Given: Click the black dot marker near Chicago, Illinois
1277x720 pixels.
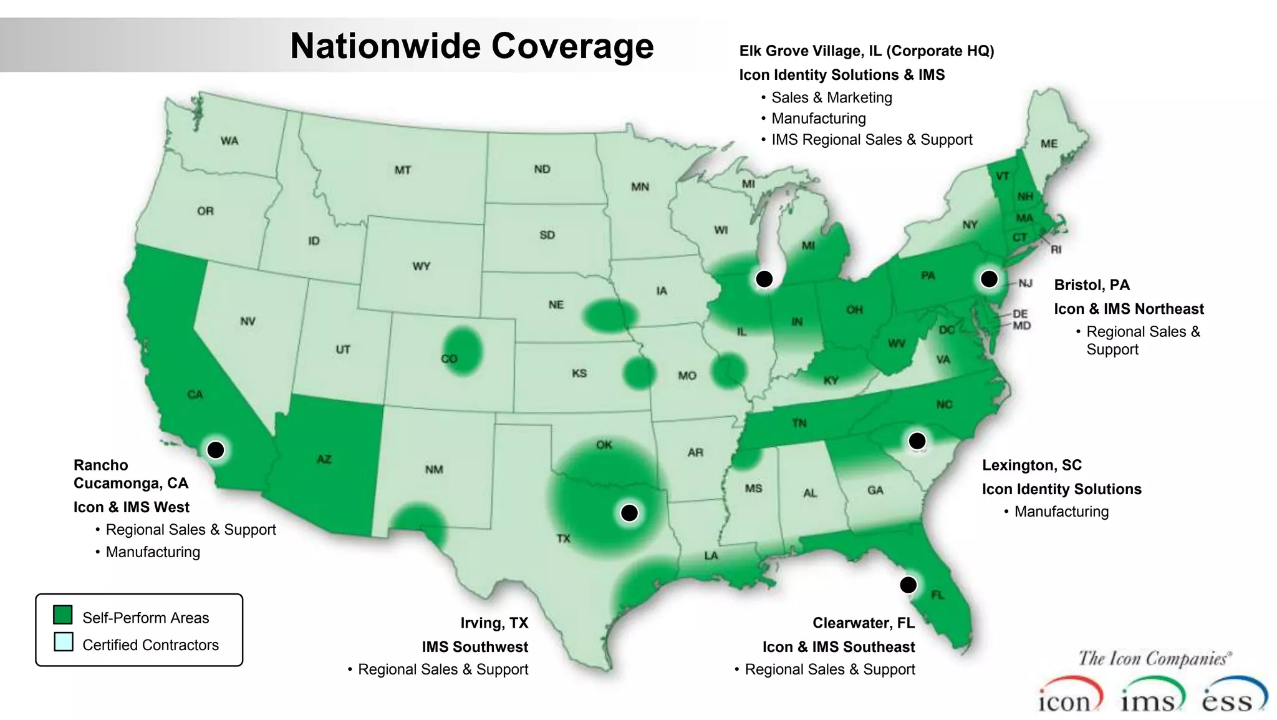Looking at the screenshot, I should (764, 279).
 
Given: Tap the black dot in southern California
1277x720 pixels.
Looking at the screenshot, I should (216, 450).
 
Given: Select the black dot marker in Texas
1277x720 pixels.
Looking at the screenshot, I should (630, 513).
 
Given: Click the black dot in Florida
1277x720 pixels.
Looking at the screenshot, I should (908, 585).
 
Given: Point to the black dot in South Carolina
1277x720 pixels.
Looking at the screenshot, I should (917, 441).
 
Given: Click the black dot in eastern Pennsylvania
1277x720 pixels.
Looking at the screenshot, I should (989, 279).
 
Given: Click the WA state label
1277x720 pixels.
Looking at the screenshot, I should (229, 141).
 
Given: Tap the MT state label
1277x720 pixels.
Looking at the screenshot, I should (403, 170).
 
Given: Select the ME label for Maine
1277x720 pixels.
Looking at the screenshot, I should (1049, 144).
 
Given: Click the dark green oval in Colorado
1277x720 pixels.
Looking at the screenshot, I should (462, 351).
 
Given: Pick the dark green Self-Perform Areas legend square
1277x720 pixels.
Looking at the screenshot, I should (63, 615).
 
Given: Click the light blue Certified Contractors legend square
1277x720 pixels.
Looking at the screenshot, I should (63, 642).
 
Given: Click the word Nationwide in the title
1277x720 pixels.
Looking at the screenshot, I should (385, 46).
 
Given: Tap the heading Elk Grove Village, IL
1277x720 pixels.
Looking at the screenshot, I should (810, 51).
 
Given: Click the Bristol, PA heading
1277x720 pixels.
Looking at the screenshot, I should (1092, 285).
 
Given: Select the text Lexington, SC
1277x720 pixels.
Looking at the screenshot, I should (1032, 465).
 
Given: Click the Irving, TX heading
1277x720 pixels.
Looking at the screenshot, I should (494, 623).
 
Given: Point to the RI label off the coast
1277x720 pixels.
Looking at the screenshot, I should (1056, 250).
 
